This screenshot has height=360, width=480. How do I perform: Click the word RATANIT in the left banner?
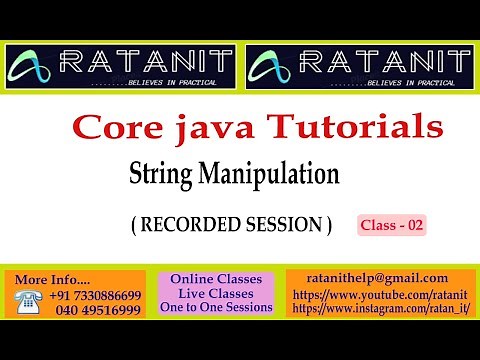147,62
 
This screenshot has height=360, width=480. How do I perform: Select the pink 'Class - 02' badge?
392,226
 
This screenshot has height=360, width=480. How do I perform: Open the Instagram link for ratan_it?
383,309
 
